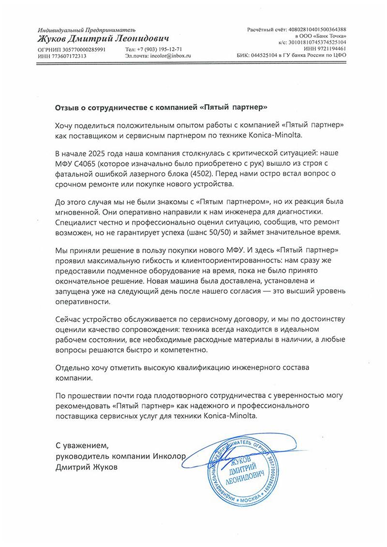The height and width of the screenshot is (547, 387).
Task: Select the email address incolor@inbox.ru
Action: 171,56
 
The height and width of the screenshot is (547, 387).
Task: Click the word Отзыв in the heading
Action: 68,106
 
